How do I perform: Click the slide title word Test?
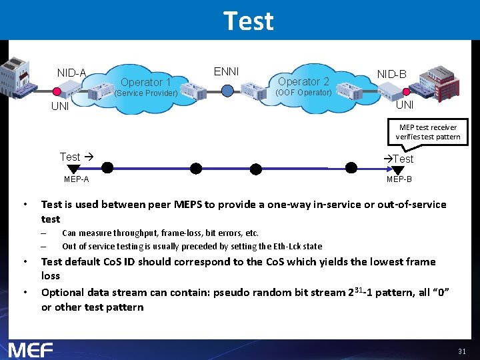(248, 21)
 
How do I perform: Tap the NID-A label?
(71, 73)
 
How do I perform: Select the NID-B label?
(391, 74)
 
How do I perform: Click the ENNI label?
(226, 71)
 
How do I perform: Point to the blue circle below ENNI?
(228, 90)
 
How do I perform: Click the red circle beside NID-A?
(57, 91)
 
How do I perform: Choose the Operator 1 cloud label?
(145, 82)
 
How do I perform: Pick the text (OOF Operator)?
(303, 93)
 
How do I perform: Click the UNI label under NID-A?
(60, 107)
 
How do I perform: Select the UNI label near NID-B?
(405, 105)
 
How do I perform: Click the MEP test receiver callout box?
(427, 132)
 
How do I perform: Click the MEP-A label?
(76, 179)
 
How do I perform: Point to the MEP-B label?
(399, 179)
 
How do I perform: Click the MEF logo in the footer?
(31, 349)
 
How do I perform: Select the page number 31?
(462, 351)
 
